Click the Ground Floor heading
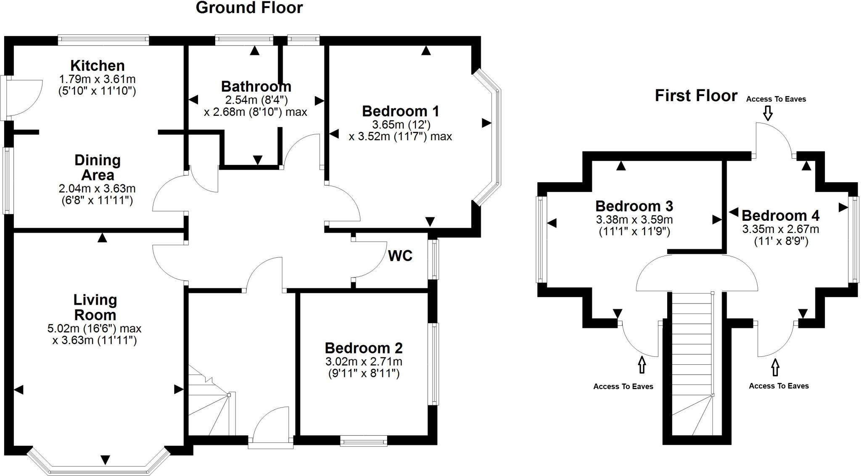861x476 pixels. pyautogui.click(x=249, y=8)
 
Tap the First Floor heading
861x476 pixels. pyautogui.click(x=696, y=96)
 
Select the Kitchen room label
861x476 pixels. pyautogui.click(x=98, y=65)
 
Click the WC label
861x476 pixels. pyautogui.click(x=400, y=256)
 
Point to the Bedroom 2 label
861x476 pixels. pyautogui.click(x=364, y=348)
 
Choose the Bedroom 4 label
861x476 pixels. pyautogui.click(x=780, y=215)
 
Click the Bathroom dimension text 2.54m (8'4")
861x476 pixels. pyautogui.click(x=256, y=100)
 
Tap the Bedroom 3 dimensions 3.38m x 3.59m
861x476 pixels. pyautogui.click(x=634, y=220)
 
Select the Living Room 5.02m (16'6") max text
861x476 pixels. pyautogui.click(x=95, y=328)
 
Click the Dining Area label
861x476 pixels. pyautogui.click(x=98, y=167)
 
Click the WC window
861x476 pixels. pyautogui.click(x=433, y=259)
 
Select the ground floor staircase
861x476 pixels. pyautogui.click(x=209, y=403)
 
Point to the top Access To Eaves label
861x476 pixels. pyautogui.click(x=776, y=99)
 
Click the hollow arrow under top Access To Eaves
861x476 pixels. pyautogui.click(x=768, y=113)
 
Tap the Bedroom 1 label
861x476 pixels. pyautogui.click(x=400, y=111)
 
